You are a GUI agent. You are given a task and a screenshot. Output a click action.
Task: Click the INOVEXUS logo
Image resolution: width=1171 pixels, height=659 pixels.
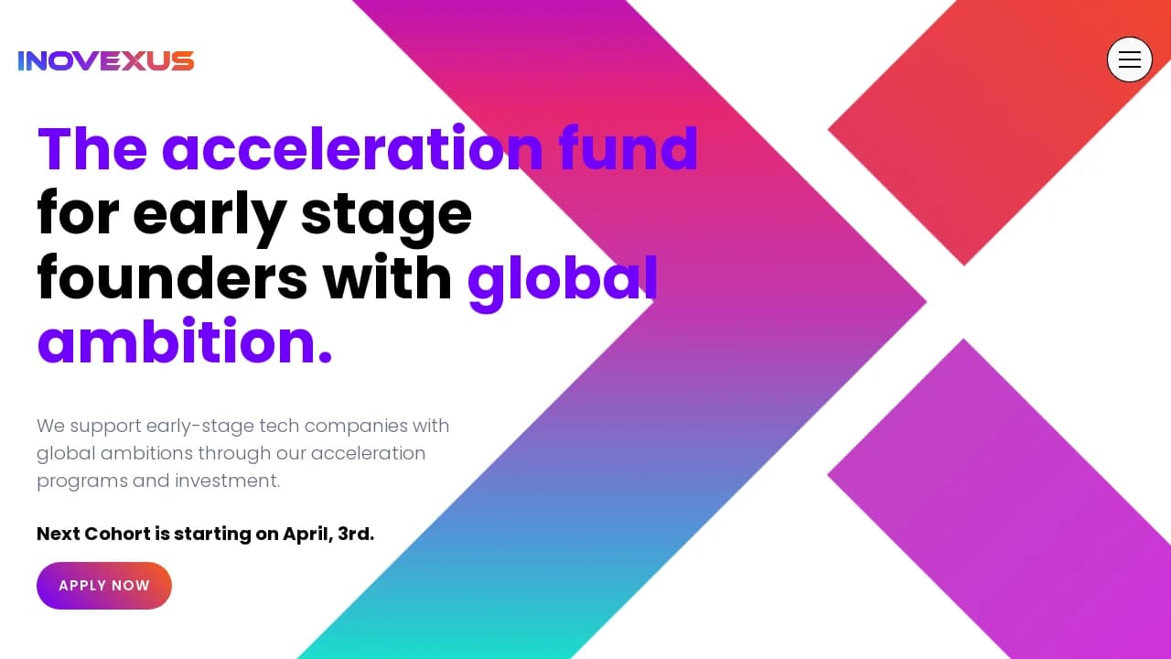coord(106,60)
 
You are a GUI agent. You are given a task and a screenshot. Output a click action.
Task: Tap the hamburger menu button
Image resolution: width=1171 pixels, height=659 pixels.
coord(1129,59)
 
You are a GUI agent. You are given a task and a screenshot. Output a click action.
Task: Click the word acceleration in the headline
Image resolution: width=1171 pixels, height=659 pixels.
coord(353,149)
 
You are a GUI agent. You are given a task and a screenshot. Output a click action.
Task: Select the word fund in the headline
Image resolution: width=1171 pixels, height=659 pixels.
coord(628,148)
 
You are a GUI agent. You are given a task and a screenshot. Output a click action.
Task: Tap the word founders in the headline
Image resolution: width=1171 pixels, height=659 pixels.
coord(173,277)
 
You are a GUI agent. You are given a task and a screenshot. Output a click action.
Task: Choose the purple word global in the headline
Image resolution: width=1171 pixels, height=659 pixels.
coord(563,283)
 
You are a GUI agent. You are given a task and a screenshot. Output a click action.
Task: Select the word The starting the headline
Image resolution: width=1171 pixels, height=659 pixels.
coord(92,149)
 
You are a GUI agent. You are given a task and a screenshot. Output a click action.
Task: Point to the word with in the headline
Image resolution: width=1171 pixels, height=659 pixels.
coord(387,277)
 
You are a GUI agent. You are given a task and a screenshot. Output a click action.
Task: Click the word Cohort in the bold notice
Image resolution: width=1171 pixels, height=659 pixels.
coord(118,534)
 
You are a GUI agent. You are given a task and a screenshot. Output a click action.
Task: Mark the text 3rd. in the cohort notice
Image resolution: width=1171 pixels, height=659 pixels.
coord(356,534)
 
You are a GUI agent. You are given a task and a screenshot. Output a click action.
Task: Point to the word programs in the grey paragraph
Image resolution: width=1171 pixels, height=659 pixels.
coord(82,481)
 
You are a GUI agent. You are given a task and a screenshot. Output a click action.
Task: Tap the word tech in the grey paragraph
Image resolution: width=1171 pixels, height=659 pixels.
coord(279,426)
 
